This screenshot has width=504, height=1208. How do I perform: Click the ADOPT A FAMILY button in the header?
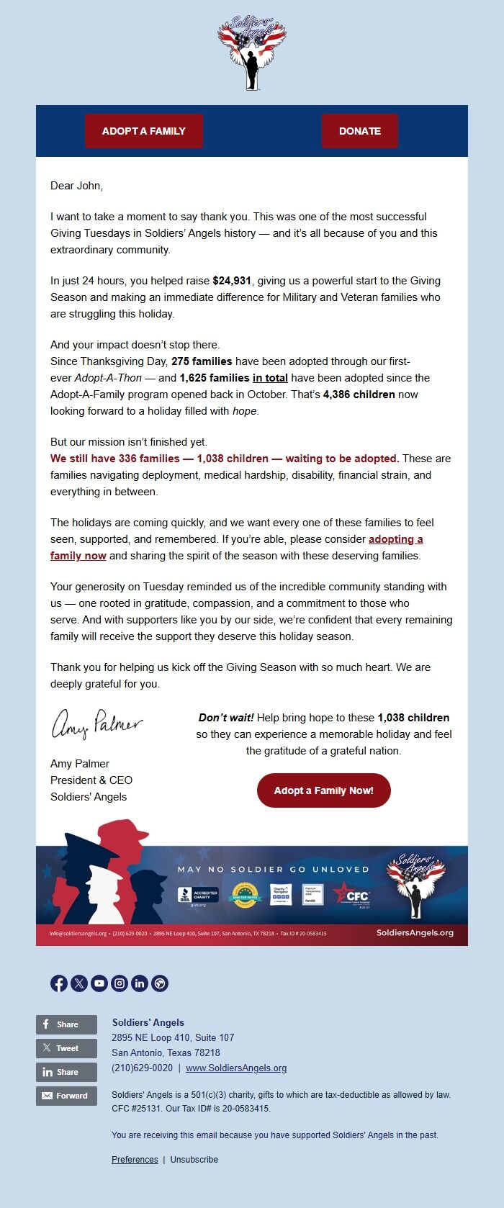(x=144, y=131)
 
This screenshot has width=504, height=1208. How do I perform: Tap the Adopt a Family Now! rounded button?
(x=323, y=790)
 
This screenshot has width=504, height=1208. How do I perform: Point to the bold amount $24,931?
(x=232, y=281)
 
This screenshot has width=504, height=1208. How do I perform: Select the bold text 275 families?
(x=202, y=361)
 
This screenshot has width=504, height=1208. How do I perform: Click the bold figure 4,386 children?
(x=359, y=395)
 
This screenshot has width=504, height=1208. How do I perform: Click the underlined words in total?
(x=270, y=378)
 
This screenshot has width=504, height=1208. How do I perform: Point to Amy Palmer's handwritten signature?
(x=96, y=723)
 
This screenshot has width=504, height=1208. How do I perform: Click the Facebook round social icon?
(x=59, y=983)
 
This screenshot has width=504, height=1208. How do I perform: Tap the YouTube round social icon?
(x=99, y=983)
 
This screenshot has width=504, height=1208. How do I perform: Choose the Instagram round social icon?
(x=120, y=983)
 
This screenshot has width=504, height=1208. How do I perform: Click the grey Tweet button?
(x=66, y=1048)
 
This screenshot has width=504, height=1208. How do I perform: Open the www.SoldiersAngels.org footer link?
(x=236, y=1068)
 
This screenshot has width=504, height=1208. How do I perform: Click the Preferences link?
(x=135, y=1160)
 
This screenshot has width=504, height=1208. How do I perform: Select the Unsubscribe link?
(x=194, y=1160)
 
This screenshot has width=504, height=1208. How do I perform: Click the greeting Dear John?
(x=76, y=186)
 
